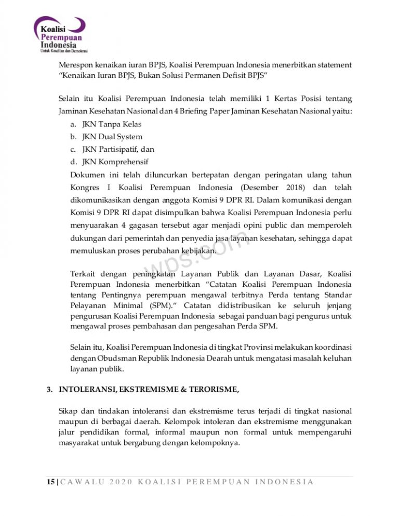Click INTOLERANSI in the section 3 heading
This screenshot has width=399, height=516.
click(85, 389)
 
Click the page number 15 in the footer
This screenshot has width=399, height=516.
click(46, 482)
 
